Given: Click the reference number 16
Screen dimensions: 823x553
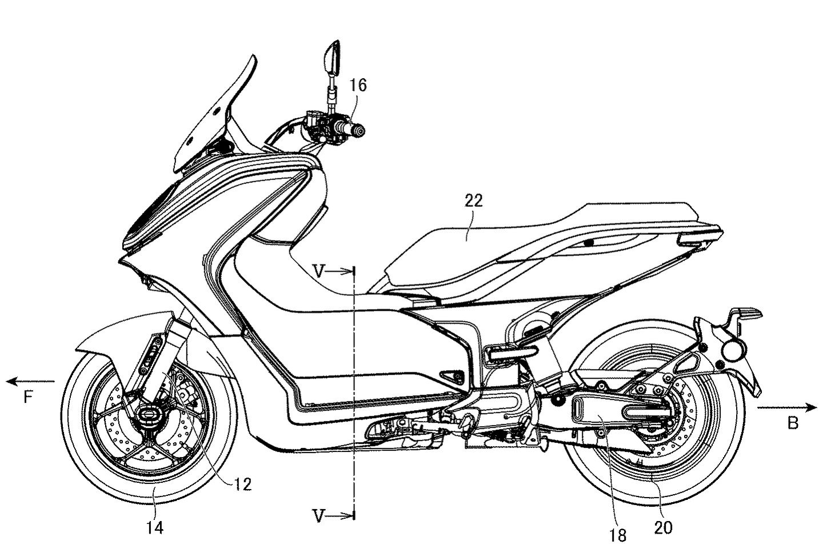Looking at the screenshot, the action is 358,85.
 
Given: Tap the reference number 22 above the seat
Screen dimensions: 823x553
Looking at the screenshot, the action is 474,201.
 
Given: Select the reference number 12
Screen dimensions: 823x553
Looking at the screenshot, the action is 243,484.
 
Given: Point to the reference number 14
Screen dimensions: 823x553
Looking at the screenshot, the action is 155,528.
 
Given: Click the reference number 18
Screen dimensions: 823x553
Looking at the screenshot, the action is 618,536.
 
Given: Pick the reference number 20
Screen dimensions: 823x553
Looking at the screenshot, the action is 663,528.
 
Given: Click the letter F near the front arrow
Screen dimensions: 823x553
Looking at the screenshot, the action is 28,397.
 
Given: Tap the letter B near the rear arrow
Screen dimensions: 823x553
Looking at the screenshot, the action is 793,423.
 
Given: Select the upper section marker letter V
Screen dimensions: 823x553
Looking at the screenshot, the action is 319,272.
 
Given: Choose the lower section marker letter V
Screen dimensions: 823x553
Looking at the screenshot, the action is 319,516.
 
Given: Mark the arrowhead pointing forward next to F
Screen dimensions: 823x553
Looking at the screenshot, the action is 10,382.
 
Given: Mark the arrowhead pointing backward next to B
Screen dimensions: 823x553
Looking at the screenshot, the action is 812,407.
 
